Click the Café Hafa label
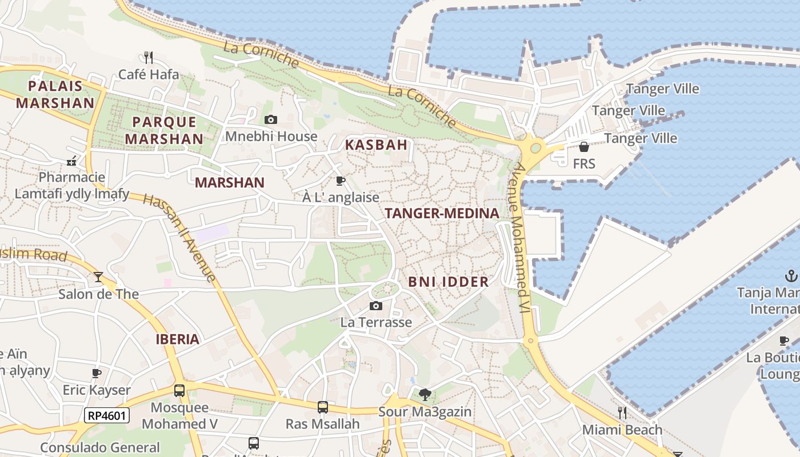[149, 74]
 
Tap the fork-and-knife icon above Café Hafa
[149, 57]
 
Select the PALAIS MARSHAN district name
[55, 95]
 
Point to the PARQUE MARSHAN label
[164, 130]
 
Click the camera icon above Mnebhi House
[271, 119]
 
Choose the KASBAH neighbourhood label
[376, 145]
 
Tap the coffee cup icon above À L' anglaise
[341, 181]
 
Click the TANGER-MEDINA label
[442, 214]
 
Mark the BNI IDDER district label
[449, 282]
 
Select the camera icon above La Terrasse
[375, 306]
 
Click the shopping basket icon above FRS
[583, 147]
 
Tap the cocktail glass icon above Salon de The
[98, 277]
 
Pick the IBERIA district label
[178, 339]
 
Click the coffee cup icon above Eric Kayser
[97, 374]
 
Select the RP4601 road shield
[107, 415]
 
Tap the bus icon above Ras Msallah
[323, 407]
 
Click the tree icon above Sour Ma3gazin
[425, 394]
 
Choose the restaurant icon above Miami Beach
[622, 412]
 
